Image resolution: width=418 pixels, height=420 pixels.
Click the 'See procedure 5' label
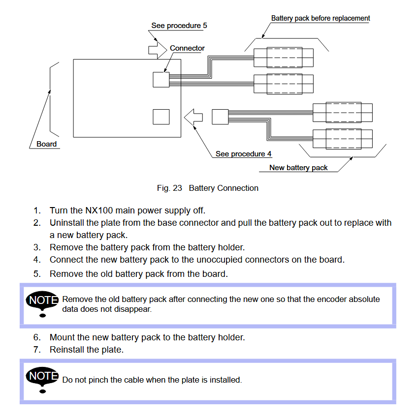tap(179, 26)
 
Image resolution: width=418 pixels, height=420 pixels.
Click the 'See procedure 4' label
tap(243, 154)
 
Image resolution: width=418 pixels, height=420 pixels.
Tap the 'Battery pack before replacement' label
tap(321, 18)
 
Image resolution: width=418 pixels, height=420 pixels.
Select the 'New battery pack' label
tap(298, 168)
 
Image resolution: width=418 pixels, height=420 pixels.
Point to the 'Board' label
tap(47, 144)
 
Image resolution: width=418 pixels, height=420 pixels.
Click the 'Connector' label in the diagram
tap(187, 48)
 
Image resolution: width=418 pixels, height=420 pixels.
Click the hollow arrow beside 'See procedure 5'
tap(156, 49)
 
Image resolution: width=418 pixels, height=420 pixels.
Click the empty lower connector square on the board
tap(161, 117)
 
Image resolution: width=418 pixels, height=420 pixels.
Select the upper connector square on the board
tap(161, 79)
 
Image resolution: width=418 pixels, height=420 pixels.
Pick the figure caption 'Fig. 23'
tap(169, 188)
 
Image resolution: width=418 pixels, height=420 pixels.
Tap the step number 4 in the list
tap(36, 259)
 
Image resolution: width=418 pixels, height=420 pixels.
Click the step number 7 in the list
tap(36, 350)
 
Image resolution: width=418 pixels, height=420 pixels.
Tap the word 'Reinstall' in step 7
tap(67, 350)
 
